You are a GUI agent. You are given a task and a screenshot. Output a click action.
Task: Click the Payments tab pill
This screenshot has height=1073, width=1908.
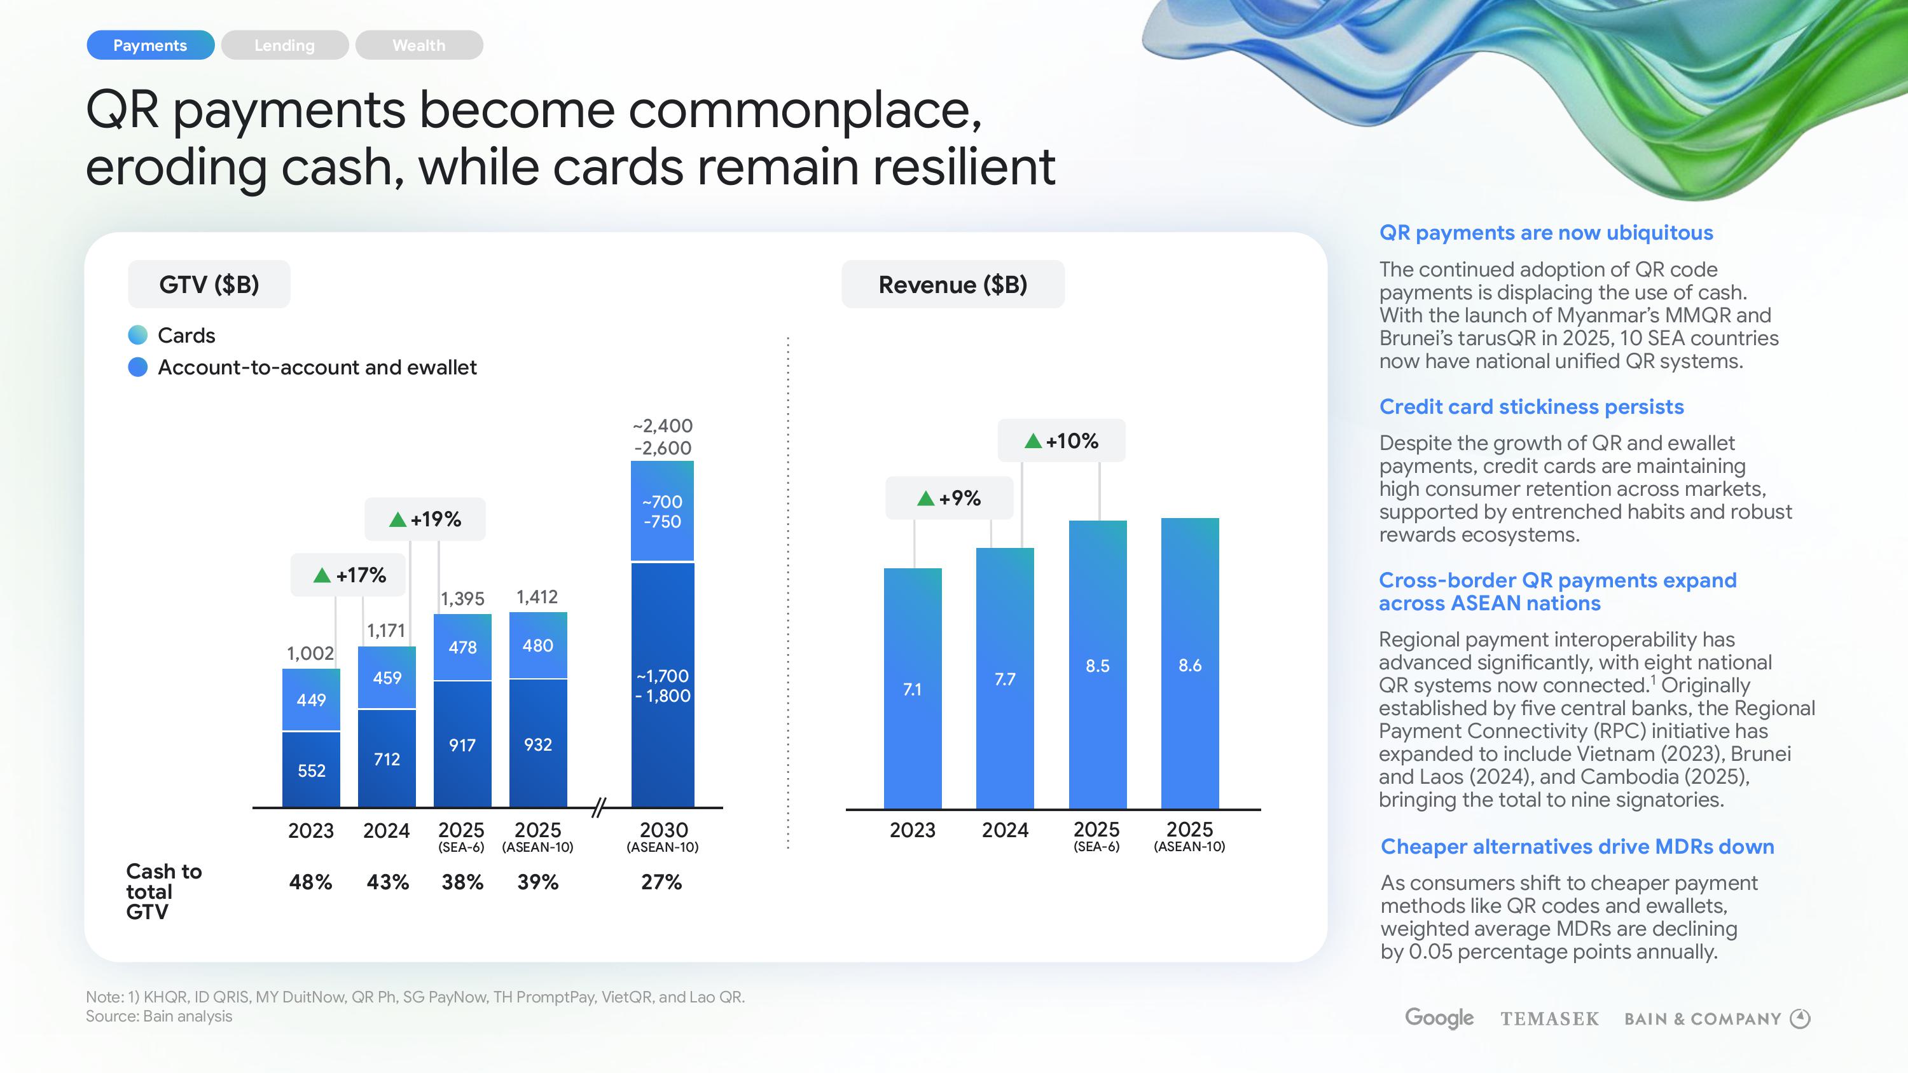click(150, 45)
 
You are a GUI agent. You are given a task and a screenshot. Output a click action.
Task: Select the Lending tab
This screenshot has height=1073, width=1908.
click(284, 45)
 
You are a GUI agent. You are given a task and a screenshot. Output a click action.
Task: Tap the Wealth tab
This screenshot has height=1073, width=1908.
click(419, 45)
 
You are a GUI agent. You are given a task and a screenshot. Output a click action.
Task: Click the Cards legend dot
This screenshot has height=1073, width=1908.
click(138, 336)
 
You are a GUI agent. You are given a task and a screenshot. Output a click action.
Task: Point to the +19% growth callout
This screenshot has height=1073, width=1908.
click(425, 519)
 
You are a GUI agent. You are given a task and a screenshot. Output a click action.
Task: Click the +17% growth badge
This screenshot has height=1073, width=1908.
click(348, 575)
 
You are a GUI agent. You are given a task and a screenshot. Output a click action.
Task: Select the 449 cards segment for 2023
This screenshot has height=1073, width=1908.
click(311, 700)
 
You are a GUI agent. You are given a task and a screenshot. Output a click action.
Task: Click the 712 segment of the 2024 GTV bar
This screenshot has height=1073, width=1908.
click(387, 758)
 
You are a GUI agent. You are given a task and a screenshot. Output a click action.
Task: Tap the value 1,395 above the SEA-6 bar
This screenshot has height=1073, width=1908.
click(462, 598)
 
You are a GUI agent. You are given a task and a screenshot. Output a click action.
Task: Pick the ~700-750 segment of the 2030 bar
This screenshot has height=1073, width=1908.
click(662, 511)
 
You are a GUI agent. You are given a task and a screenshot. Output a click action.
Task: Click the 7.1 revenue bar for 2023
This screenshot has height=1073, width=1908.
click(913, 688)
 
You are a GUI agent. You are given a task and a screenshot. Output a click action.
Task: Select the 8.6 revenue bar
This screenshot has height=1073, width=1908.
click(1189, 664)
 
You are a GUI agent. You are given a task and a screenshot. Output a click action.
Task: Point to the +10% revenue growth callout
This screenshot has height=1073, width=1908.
click(1061, 441)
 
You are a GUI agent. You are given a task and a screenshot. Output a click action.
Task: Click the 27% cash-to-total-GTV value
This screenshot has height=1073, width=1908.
click(661, 882)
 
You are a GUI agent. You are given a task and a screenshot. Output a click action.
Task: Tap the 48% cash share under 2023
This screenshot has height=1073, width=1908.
click(310, 882)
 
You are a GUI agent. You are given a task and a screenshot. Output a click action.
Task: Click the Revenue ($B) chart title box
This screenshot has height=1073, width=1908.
click(953, 284)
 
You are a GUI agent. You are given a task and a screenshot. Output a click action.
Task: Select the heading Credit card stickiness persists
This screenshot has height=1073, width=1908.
click(1531, 407)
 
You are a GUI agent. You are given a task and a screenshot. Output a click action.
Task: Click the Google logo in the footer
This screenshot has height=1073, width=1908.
click(1439, 1018)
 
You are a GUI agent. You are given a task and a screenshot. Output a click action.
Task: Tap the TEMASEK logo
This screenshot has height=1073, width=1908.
click(1549, 1019)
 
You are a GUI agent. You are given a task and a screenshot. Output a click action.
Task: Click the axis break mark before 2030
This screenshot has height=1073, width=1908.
click(599, 808)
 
